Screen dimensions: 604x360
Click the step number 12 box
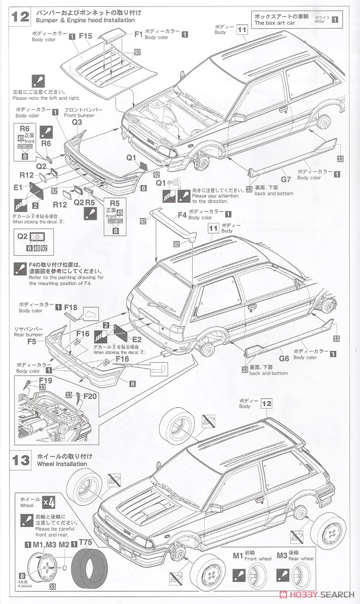(x=21, y=16)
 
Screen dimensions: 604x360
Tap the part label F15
(x=85, y=36)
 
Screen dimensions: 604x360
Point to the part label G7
(x=285, y=179)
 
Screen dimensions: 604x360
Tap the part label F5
(x=32, y=340)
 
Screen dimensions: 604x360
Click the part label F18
(x=70, y=307)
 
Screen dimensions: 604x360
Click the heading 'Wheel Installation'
(x=62, y=464)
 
